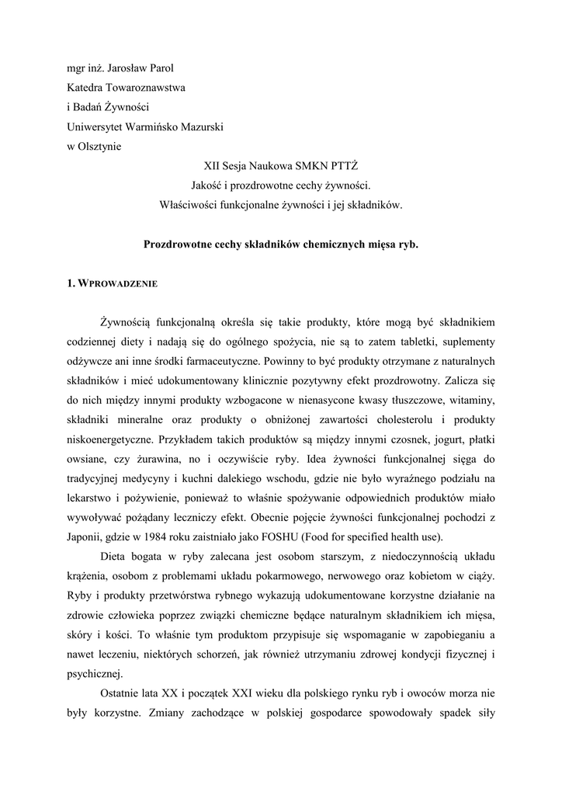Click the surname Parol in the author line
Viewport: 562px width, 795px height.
tap(161, 68)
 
